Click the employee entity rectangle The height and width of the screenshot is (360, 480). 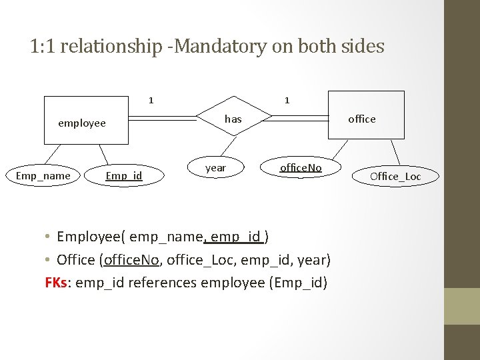85,120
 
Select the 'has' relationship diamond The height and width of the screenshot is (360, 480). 233,119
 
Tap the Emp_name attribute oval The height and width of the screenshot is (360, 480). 43,176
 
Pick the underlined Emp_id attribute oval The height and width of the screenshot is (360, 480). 124,176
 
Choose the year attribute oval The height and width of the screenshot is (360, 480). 215,168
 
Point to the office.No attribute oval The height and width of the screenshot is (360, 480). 301,168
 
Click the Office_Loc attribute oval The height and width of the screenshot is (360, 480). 395,177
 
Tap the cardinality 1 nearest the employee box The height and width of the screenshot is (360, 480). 151,101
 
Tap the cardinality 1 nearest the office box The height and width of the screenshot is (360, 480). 287,101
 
